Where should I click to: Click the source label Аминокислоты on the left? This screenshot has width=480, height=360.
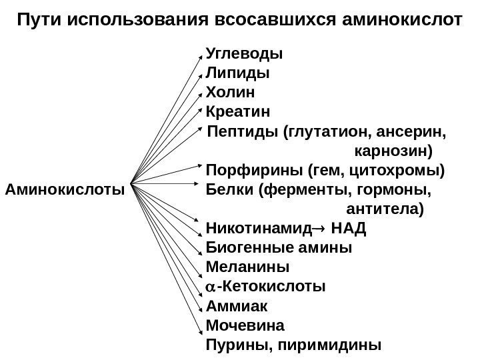(65, 189)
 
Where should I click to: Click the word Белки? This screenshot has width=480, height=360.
(229, 189)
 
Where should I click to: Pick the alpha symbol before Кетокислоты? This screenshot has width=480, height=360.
(211, 288)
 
